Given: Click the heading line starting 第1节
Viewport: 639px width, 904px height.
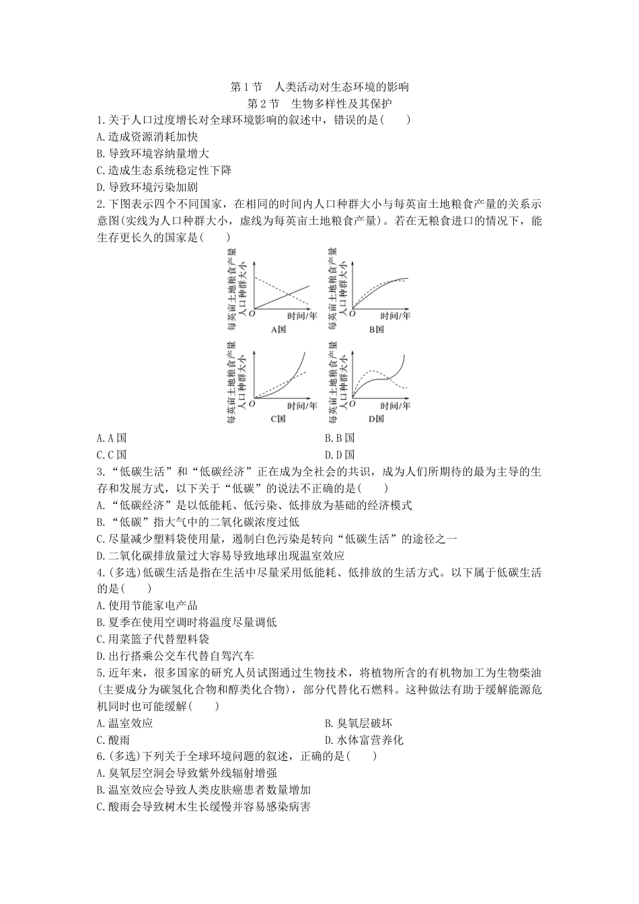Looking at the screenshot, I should click(319, 87).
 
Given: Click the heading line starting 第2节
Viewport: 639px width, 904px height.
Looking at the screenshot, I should click(319, 104).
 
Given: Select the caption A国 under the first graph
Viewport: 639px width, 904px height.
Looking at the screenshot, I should click(278, 330).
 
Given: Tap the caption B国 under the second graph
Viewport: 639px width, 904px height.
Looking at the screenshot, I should click(376, 330).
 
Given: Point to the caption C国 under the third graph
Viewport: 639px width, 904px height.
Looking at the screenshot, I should click(278, 418).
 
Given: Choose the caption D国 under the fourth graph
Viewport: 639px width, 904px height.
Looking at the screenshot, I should click(376, 418).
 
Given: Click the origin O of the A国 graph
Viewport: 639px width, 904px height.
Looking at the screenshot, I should click(252, 313).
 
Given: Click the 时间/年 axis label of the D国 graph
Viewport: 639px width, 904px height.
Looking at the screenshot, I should click(396, 406).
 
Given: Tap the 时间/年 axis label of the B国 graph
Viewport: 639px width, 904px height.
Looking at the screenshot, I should click(396, 315).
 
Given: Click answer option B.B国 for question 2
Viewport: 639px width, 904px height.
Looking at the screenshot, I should click(339, 438).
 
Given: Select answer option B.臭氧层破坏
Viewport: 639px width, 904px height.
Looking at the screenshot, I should click(358, 723).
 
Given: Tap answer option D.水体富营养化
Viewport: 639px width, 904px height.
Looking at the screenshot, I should click(364, 740).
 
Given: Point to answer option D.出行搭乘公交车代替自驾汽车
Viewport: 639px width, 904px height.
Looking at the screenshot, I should click(176, 656).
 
